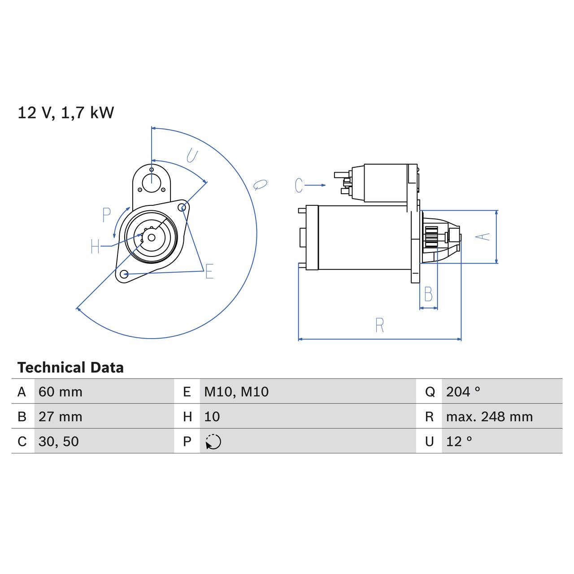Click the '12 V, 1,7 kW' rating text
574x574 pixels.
[x=65, y=113]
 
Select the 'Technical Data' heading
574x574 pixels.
[x=70, y=368]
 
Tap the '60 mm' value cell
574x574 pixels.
[x=61, y=392]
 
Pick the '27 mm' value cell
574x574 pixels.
[x=61, y=417]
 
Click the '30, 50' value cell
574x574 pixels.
[x=59, y=442]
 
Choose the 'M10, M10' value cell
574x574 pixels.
[x=236, y=392]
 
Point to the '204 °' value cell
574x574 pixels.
[x=463, y=392]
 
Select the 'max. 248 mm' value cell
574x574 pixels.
[x=489, y=417]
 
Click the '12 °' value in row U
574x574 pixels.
[x=459, y=442]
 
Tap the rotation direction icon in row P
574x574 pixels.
[x=213, y=442]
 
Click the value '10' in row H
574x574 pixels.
[x=212, y=417]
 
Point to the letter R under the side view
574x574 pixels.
[x=379, y=326]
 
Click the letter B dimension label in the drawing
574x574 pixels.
[x=428, y=295]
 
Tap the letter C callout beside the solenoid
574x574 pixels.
[x=299, y=185]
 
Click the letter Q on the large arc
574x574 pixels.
[x=260, y=184]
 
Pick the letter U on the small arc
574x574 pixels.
[x=191, y=156]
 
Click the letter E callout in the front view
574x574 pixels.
[x=209, y=272]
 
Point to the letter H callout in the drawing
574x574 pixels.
[x=95, y=246]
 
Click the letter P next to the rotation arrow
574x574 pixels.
[x=106, y=215]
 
